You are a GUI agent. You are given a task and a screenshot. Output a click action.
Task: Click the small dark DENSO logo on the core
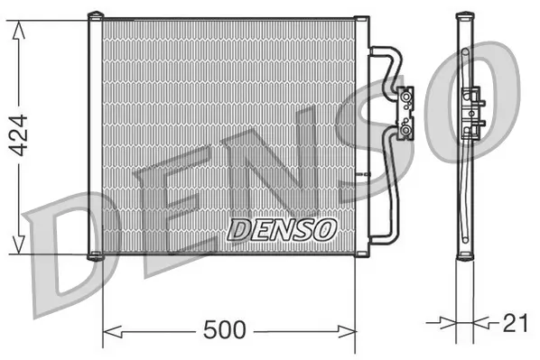click(282, 229)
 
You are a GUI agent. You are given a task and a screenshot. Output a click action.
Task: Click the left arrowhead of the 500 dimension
click(108, 330)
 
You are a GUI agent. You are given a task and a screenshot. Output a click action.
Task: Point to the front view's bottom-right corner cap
click(361, 256)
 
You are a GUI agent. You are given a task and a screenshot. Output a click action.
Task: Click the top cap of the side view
click(466, 14)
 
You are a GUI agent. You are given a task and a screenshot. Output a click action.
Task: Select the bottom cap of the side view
click(466, 256)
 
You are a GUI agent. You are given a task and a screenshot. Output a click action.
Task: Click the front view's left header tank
click(95, 135)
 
